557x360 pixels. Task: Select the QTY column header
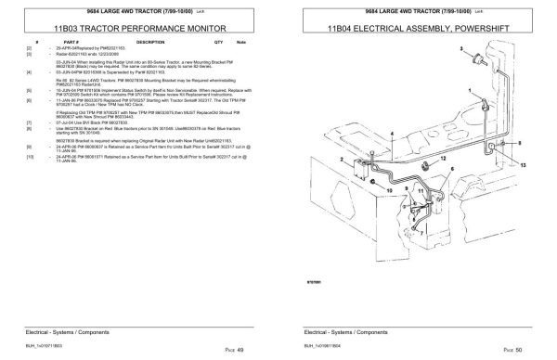click(218, 43)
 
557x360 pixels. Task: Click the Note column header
click(241, 43)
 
